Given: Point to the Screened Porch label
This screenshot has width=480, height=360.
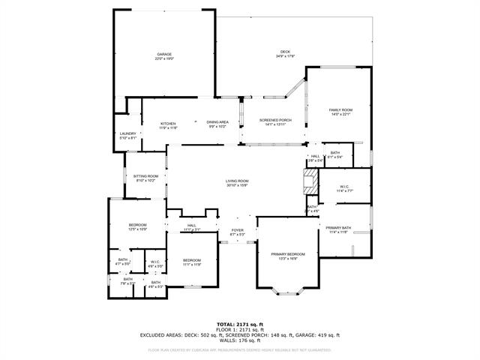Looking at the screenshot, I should (x=275, y=122).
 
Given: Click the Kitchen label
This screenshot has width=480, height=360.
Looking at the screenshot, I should (x=168, y=125).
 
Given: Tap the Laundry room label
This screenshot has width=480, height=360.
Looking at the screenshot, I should (x=128, y=136).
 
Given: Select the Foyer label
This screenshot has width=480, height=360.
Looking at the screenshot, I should (x=237, y=232).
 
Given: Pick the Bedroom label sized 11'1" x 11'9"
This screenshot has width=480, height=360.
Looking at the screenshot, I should (x=193, y=262).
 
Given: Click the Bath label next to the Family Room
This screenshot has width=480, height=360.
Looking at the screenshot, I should (x=334, y=155).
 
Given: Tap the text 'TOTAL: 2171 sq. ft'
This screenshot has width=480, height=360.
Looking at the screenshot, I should (x=239, y=324).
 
